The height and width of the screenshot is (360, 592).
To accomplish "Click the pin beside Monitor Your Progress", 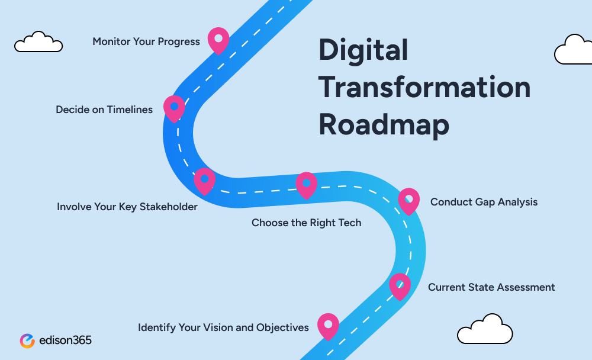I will (x=218, y=39).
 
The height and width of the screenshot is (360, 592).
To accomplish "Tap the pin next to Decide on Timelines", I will (x=174, y=108).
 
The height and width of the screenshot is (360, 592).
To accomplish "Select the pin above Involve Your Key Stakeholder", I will (x=204, y=180).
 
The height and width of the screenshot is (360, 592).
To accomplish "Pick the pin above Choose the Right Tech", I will (x=306, y=184).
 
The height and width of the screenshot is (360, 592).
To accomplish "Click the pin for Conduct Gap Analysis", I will (x=408, y=200).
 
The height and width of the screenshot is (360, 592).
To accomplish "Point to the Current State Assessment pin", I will (x=400, y=285).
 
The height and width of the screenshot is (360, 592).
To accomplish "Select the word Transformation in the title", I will (x=424, y=87).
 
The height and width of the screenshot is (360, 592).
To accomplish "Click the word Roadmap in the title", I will (x=384, y=124).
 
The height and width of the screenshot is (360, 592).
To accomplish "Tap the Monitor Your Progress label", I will (x=146, y=42).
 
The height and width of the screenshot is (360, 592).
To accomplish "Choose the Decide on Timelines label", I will (x=104, y=110).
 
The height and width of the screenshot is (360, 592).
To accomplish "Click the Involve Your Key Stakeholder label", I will (x=127, y=207).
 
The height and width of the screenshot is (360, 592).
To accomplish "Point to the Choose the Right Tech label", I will (x=306, y=223).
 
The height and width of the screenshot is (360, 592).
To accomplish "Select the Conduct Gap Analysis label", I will (x=484, y=202).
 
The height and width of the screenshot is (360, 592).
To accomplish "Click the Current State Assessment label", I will (x=491, y=287).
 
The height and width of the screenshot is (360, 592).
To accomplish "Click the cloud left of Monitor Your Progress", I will (x=38, y=42).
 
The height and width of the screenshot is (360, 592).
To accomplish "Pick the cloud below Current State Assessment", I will (x=485, y=330).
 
